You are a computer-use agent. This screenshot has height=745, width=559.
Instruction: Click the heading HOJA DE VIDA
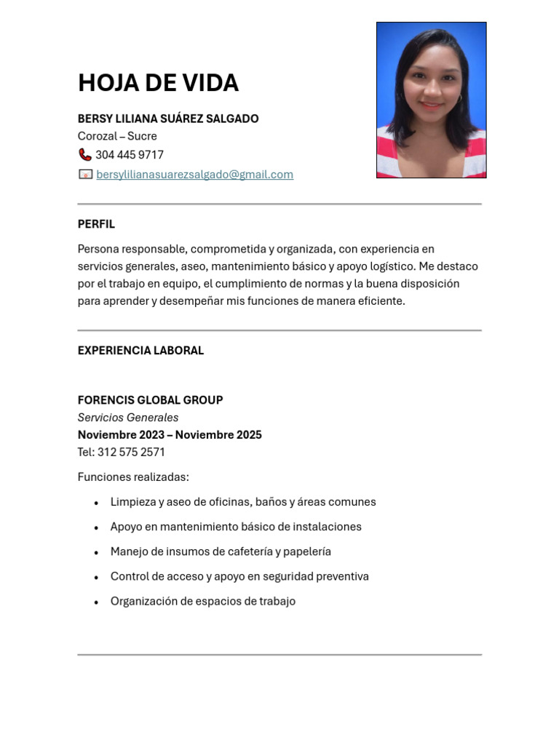[158, 83]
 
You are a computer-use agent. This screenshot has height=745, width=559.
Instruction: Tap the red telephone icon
[85, 155]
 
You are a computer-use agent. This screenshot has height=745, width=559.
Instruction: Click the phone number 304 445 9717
[130, 155]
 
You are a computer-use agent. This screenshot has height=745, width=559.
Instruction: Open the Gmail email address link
[194, 175]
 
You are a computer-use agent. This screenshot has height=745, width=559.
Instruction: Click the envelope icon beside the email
[85, 175]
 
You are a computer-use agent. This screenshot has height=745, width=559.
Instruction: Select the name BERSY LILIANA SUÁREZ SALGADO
[168, 119]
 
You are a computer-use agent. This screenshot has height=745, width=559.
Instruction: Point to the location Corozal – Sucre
[117, 136]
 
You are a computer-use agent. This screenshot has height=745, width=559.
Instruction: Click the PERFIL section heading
[96, 224]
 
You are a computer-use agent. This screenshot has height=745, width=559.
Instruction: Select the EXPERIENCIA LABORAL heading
[140, 351]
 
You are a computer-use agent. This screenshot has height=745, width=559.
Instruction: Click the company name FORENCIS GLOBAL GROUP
[150, 400]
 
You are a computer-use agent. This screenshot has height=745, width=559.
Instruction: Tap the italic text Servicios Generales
[128, 418]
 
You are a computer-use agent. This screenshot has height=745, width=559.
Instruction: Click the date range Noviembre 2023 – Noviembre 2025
[170, 435]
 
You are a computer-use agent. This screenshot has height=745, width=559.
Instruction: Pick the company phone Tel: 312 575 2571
[122, 453]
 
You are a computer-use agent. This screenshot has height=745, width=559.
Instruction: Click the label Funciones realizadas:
[133, 477]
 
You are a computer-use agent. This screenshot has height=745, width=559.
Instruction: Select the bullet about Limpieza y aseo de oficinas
[243, 502]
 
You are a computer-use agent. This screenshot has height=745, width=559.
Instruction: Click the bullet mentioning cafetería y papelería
[221, 551]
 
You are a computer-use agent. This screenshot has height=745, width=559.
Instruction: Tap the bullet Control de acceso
[239, 576]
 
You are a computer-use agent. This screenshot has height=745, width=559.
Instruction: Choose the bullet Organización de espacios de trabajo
[203, 601]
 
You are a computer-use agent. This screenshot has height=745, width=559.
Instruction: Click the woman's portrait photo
[431, 100]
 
